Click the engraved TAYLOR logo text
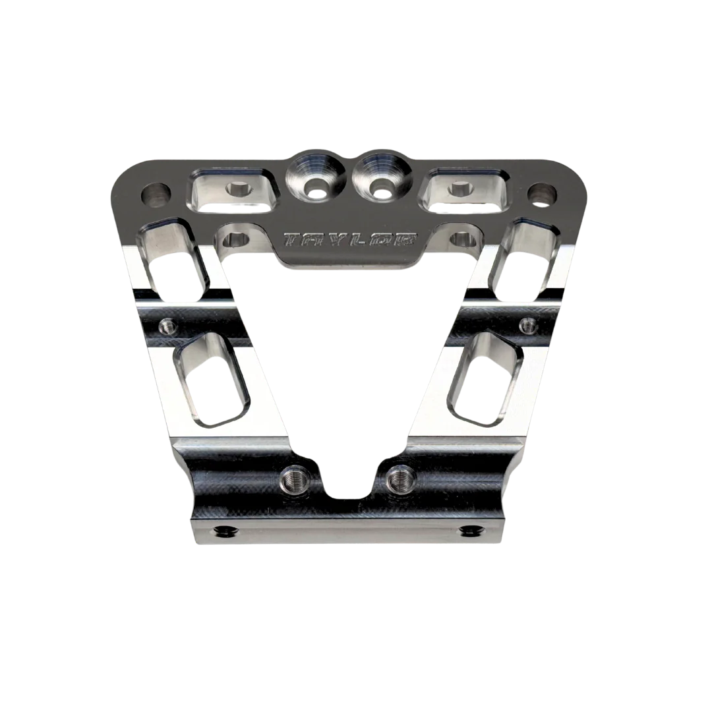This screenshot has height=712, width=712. click(349, 240)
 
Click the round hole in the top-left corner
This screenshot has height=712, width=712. click(156, 195)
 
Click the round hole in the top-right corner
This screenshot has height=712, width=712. click(542, 194)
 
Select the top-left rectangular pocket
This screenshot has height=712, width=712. click(233, 191)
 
